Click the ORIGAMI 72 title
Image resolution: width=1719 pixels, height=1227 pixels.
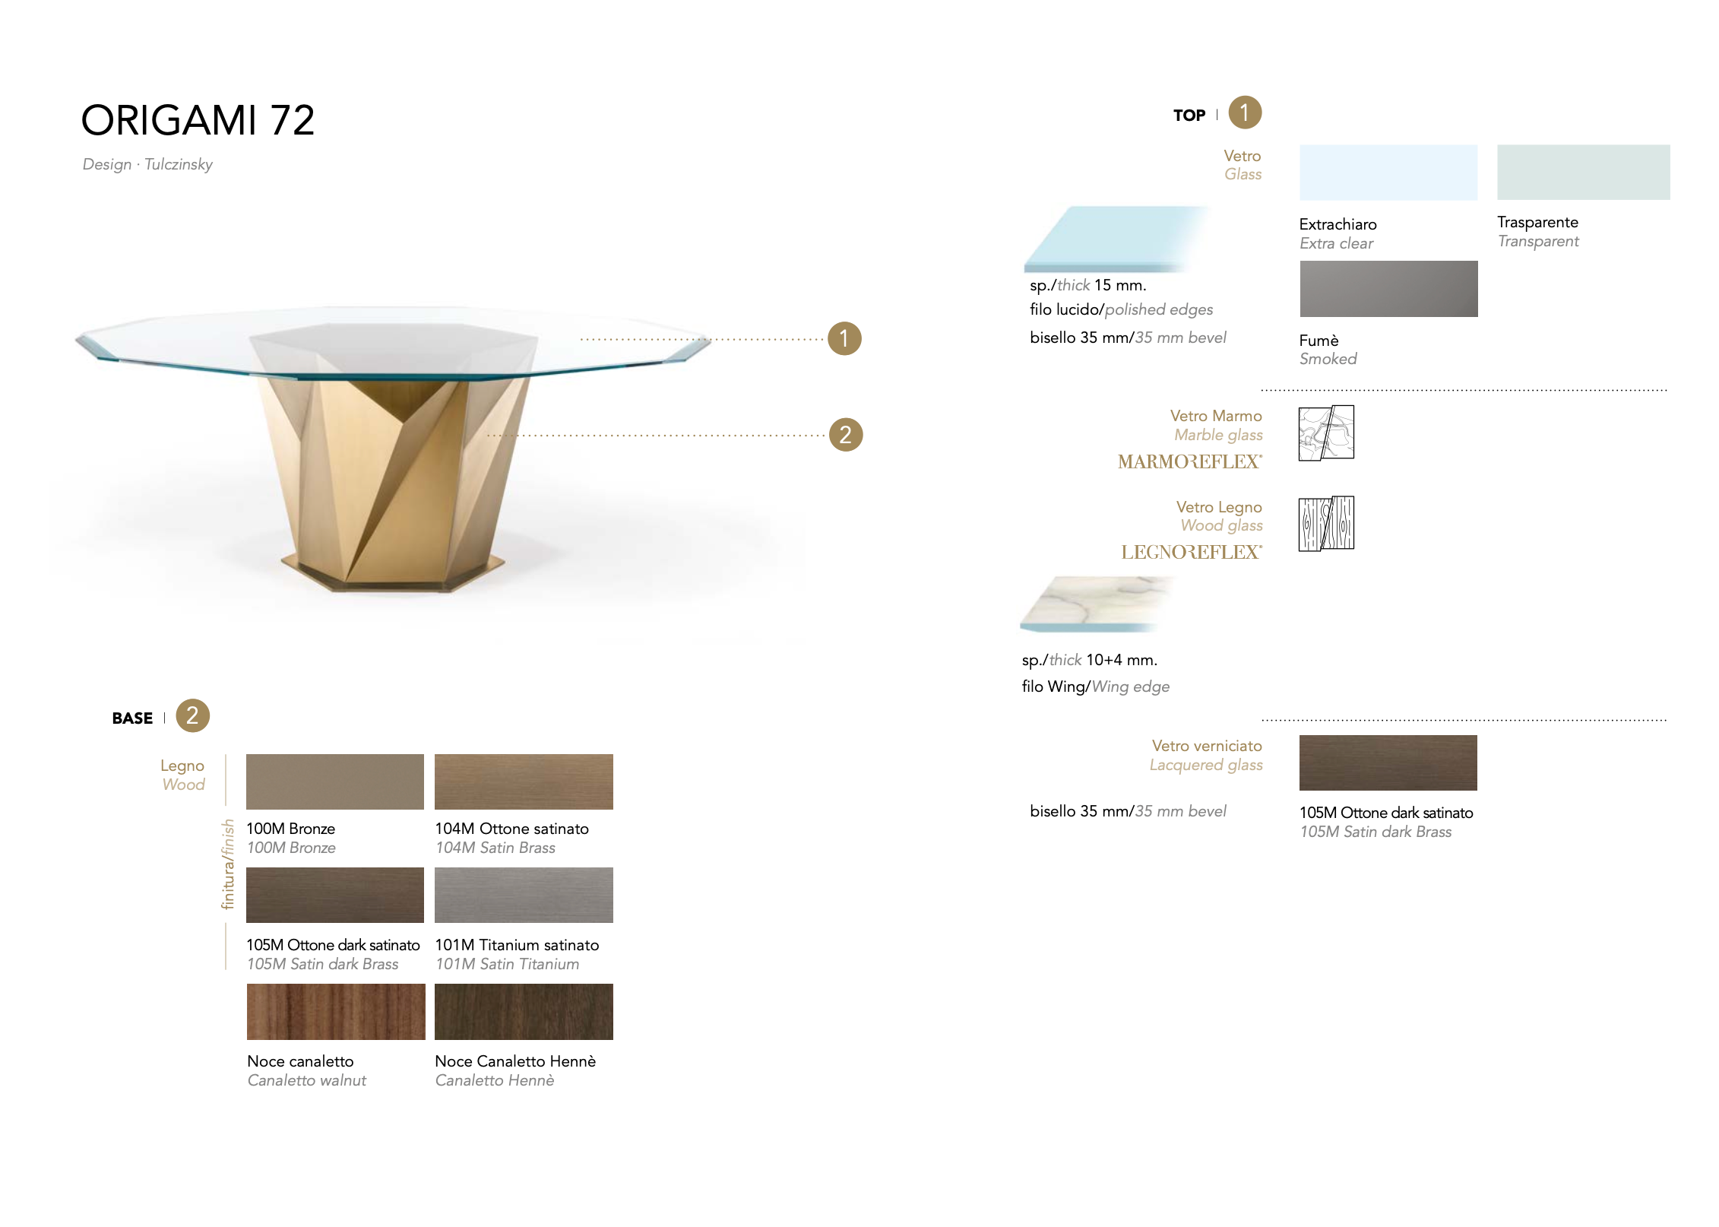[x=198, y=120]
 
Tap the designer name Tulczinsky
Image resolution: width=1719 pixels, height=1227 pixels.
[x=179, y=164]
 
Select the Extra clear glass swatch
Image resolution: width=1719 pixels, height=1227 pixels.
[x=1388, y=173]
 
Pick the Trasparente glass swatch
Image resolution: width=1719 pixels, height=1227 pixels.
[x=1584, y=173]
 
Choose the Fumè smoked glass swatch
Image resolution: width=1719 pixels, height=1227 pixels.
[x=1388, y=289]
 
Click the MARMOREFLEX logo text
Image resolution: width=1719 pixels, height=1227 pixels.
[x=1190, y=461]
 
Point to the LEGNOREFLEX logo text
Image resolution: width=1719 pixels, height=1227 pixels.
[x=1192, y=552]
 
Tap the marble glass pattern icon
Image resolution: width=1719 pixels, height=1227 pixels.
[x=1326, y=433]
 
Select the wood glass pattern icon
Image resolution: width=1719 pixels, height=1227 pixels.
[x=1326, y=523]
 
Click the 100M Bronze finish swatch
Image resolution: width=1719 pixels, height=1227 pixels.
[x=335, y=782]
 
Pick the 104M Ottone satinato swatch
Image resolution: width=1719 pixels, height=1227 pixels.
[x=524, y=782]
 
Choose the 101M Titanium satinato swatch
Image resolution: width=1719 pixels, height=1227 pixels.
[x=524, y=895]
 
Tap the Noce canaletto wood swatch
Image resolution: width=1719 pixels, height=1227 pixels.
[x=336, y=1012]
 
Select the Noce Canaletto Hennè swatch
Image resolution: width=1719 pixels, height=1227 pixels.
[x=524, y=1012]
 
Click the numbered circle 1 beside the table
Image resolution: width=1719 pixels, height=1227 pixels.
[x=844, y=338]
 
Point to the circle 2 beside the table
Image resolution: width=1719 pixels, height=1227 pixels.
[x=846, y=435]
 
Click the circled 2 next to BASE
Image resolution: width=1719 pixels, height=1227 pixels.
[x=192, y=715]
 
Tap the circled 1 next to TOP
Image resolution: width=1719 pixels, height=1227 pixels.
[x=1245, y=113]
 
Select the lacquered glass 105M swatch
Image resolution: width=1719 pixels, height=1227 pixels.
[x=1388, y=763]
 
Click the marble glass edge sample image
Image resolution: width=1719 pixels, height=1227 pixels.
[x=1097, y=604]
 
